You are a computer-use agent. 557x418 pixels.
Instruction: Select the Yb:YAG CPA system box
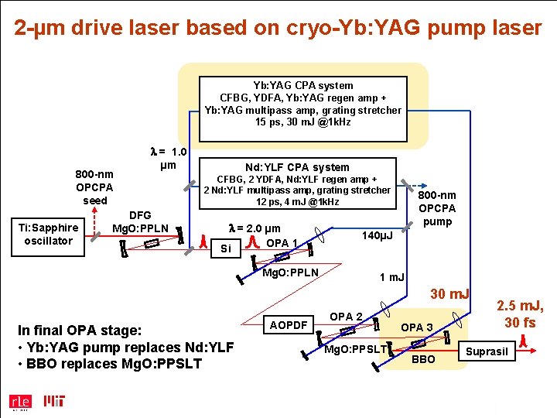[302, 104]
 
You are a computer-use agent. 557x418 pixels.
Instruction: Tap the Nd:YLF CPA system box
[297, 184]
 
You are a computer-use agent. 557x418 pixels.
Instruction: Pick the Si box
[226, 248]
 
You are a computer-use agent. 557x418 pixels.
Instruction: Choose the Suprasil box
[487, 352]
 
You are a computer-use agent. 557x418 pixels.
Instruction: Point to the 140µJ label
[377, 235]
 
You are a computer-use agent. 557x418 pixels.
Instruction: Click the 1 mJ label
[392, 277]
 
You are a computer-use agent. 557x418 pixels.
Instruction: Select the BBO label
[425, 360]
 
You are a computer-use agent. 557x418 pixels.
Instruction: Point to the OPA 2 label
[346, 316]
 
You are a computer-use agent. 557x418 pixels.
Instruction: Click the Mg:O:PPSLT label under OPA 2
[355, 350]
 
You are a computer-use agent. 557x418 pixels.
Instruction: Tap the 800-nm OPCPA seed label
[94, 187]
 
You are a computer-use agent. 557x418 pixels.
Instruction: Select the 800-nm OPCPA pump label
[437, 208]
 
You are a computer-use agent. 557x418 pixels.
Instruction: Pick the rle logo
[19, 402]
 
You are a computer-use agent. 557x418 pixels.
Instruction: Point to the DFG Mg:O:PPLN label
[140, 221]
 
